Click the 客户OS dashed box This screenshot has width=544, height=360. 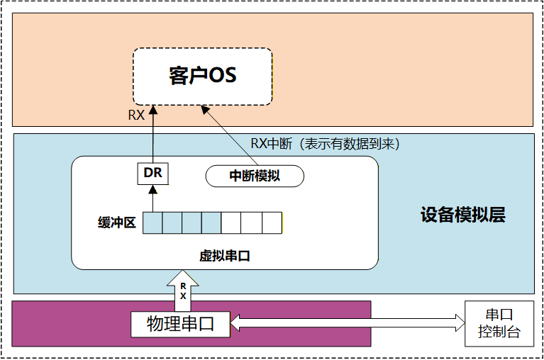203,77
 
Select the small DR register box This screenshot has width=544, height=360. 152,172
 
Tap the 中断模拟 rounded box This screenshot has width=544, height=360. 255,176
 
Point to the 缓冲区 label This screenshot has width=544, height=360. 116,223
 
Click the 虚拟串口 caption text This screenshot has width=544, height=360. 224,255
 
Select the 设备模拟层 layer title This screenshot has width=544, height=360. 462,215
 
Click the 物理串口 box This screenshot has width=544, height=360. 182,324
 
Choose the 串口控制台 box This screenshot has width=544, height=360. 499,323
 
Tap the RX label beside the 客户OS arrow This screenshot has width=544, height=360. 136,115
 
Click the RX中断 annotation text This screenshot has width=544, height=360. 326,143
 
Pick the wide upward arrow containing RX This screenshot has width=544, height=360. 183,291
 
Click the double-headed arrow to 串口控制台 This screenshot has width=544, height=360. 348,324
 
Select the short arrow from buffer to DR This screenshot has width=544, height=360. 152,198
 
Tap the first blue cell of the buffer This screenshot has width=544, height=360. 152,223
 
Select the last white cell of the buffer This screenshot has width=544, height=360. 272,223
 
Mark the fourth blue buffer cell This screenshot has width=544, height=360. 211,223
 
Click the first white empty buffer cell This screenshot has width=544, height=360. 231,223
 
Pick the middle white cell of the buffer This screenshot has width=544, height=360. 252,223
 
